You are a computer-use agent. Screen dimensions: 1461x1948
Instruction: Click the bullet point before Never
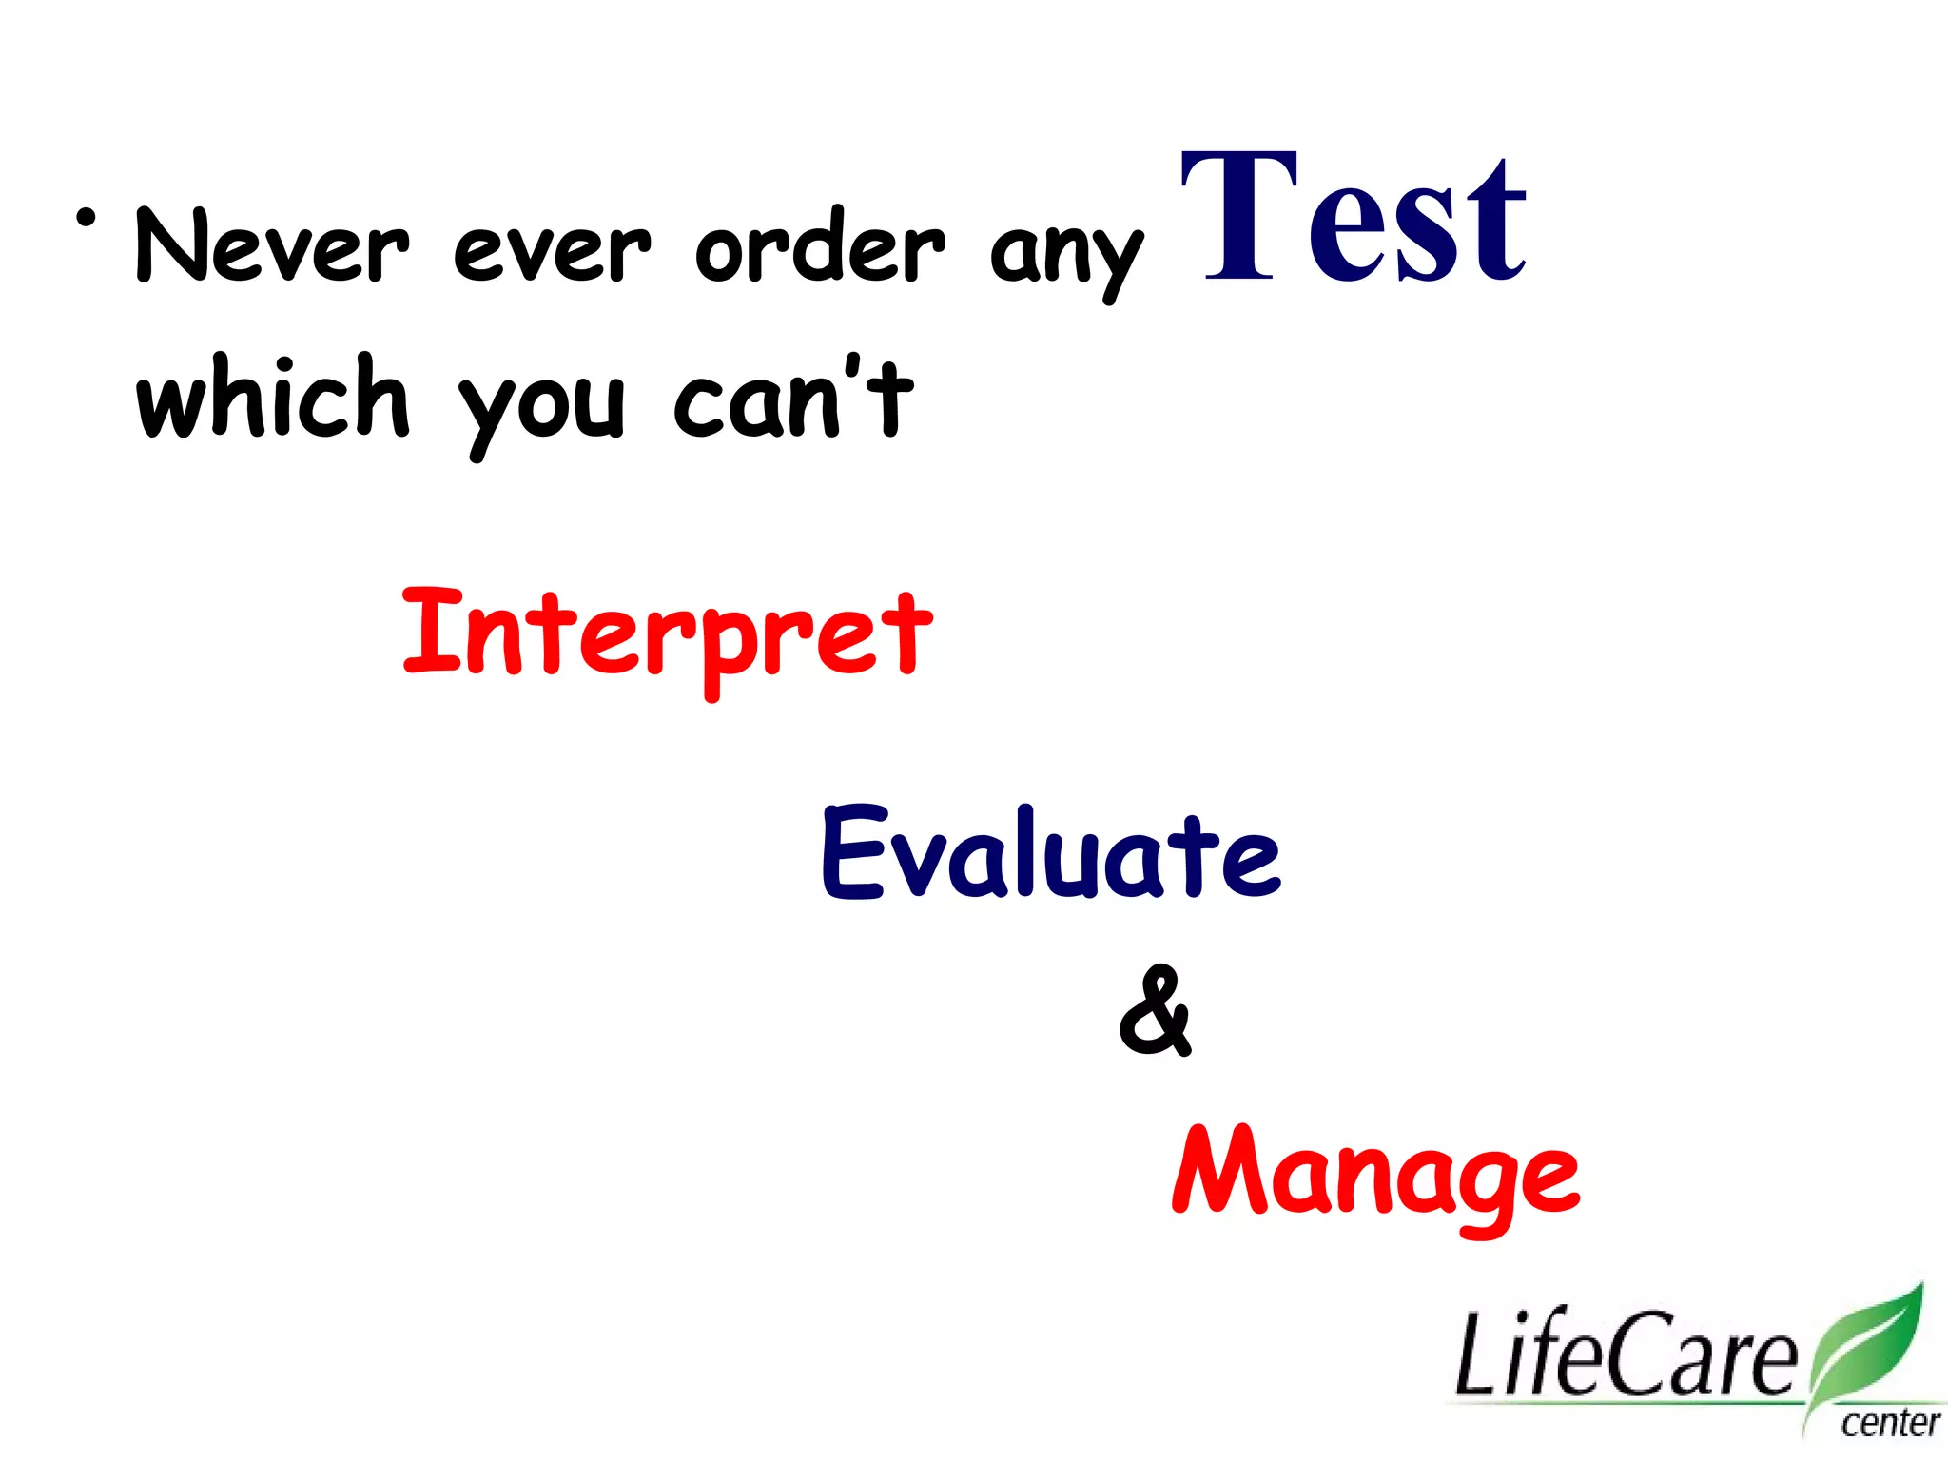click(87, 219)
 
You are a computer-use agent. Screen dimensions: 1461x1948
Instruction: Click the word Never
click(273, 245)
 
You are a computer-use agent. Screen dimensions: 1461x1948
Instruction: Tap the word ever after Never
click(552, 249)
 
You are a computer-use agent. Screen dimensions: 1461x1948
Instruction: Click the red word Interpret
click(667, 634)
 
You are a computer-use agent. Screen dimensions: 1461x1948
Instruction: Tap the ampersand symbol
click(1155, 1010)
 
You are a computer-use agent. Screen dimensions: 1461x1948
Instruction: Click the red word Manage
click(1375, 1174)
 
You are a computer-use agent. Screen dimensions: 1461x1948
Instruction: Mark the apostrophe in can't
click(853, 366)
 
